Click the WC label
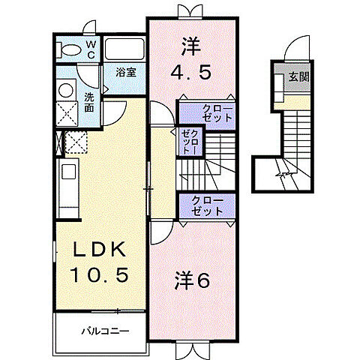click(x=88, y=49)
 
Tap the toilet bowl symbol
click(x=70, y=50)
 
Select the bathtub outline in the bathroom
click(x=124, y=49)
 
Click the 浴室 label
click(x=124, y=73)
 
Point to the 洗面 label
click(x=89, y=102)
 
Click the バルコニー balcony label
click(x=105, y=330)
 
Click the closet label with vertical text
click(x=187, y=141)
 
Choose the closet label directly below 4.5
click(x=217, y=114)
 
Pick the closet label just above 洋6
click(x=207, y=205)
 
